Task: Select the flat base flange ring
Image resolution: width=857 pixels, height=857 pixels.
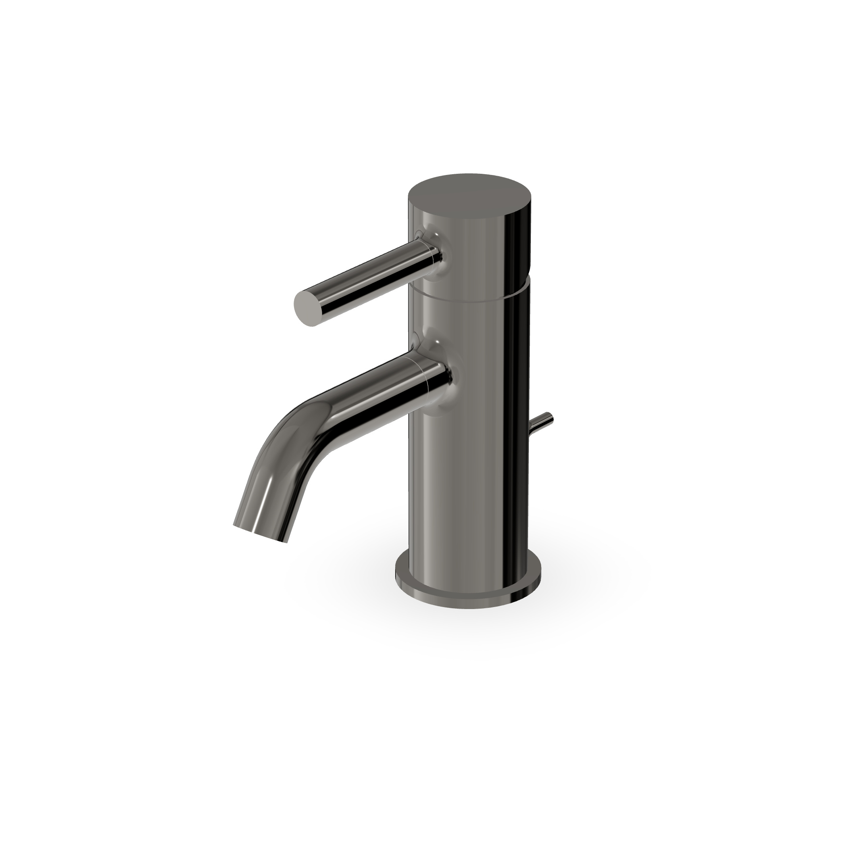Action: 468,590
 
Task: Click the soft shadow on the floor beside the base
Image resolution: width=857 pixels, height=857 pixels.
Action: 590,590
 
